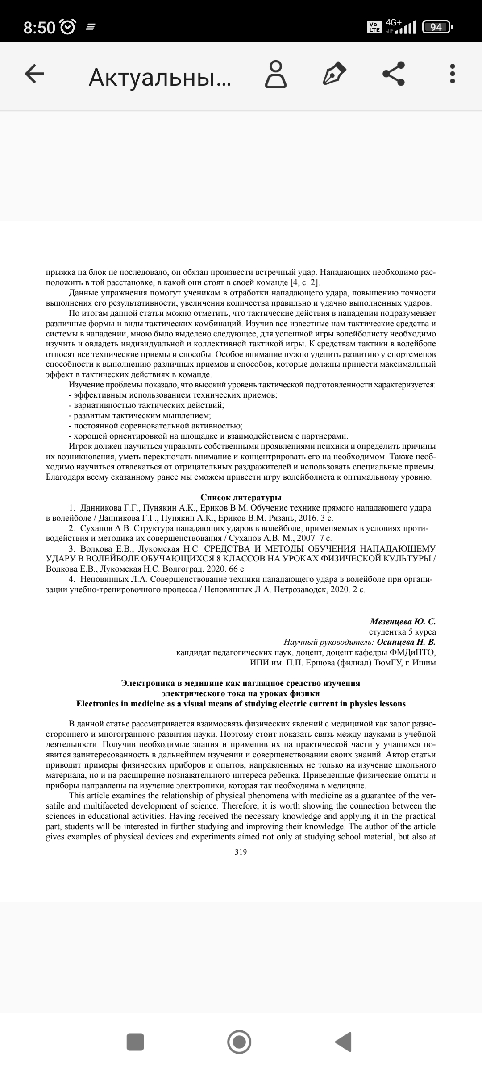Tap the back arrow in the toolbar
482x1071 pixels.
tap(34, 74)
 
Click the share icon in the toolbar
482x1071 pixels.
tap(394, 74)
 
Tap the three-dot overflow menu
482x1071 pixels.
tap(452, 74)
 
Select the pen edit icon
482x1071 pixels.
tap(334, 74)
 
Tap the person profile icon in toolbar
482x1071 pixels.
tap(276, 74)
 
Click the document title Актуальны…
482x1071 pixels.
tap(160, 78)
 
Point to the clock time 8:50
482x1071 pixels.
tap(39, 28)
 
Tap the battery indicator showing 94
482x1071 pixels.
tap(436, 27)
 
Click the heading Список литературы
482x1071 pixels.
tap(241, 498)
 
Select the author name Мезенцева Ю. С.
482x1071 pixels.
tap(403, 622)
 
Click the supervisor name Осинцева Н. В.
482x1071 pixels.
tap(406, 642)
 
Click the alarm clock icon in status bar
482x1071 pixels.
tap(68, 28)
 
